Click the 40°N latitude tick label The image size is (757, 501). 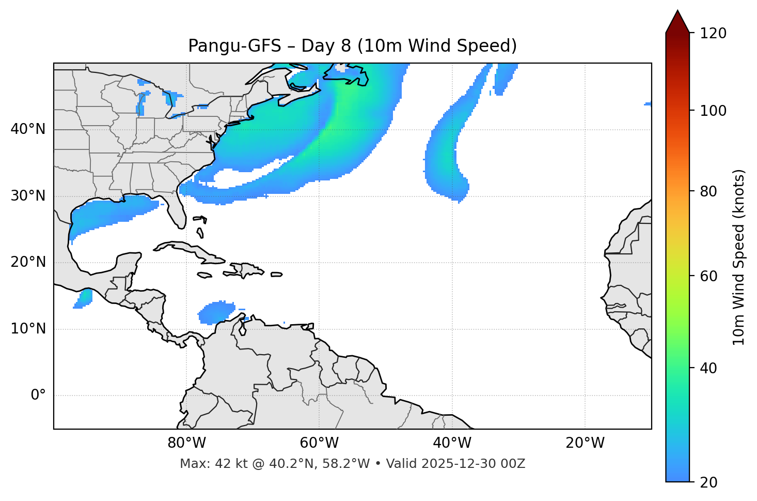coord(28,129)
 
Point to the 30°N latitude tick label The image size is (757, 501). coord(28,196)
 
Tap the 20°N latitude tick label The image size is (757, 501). coord(28,263)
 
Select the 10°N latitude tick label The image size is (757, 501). coord(28,329)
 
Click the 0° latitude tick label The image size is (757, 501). coord(38,396)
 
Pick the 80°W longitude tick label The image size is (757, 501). coord(186,443)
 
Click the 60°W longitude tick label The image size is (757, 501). coord(319,443)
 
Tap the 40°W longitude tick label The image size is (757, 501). coord(452,443)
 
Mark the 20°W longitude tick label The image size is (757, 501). coord(585,443)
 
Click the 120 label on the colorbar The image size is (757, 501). coord(713,34)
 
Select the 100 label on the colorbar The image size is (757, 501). coord(713,111)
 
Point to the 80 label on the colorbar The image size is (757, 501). coord(708,191)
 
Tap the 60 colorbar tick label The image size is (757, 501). coord(708,276)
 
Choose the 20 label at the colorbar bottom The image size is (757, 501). coord(708,482)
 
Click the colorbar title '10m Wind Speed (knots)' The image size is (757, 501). coord(739,257)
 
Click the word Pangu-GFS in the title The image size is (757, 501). coord(234,46)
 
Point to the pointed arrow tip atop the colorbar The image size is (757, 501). coord(677,11)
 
